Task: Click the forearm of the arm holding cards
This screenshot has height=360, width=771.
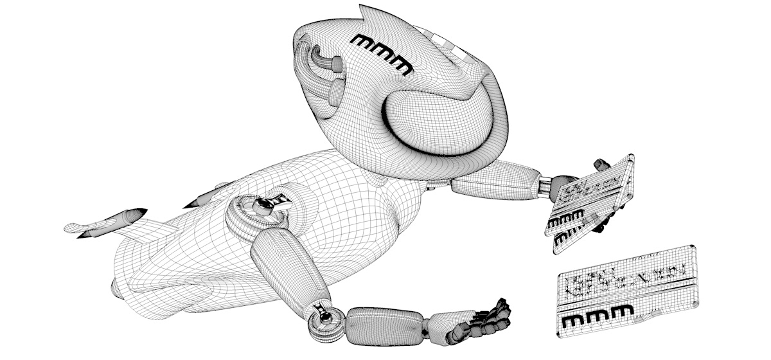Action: point(495,183)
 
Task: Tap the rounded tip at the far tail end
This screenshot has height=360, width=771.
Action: point(71,226)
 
